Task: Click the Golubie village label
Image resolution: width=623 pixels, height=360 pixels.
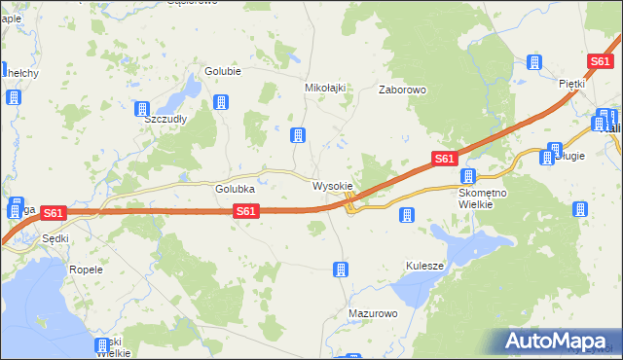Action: coord(223,71)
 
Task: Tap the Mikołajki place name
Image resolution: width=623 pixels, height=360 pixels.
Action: coord(326,88)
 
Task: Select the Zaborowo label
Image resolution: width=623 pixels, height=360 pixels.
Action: coord(402,90)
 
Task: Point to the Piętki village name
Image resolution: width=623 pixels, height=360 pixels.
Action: coord(571,84)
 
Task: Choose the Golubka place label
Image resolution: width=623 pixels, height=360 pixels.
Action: coord(235,189)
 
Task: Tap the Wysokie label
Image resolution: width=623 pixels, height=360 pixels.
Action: coord(332,185)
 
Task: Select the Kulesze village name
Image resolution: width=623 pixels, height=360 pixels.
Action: coord(424,266)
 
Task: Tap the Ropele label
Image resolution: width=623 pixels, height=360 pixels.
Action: coord(86,269)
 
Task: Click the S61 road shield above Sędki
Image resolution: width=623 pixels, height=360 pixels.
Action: coord(54,213)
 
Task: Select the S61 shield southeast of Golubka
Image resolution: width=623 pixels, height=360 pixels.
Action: coord(246,211)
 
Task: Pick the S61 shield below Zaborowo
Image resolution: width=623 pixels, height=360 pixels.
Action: coord(444,159)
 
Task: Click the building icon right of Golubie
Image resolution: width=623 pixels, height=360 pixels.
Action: coord(222,102)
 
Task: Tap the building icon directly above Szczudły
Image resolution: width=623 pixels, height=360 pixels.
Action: coord(143,109)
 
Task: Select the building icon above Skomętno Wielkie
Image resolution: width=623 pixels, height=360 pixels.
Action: coord(468,176)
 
